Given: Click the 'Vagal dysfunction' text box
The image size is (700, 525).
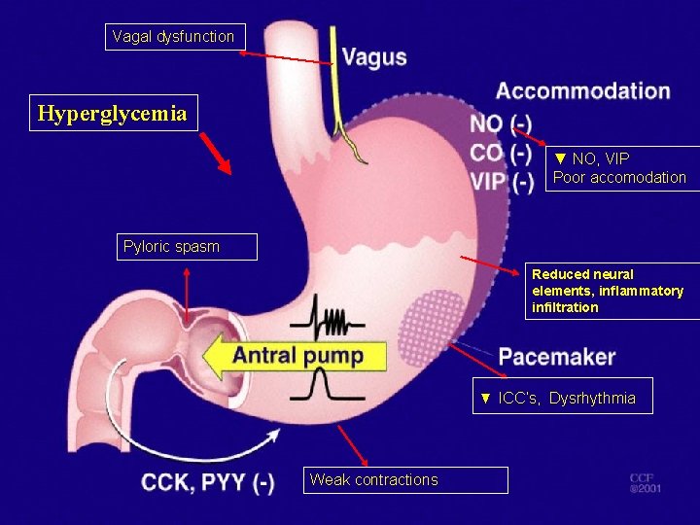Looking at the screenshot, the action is coord(174,37).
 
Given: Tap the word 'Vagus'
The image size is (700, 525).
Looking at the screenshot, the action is coord(374,57).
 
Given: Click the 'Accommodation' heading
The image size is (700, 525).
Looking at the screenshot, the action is coord(582,91).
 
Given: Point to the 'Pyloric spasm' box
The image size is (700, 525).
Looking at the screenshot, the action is coord(190,247).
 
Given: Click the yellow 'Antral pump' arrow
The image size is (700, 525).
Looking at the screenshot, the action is coord(297,355).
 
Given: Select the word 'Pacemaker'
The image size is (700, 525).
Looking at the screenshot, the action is coord(556,357).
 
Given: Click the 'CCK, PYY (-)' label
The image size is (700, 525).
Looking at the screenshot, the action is coord(207,482).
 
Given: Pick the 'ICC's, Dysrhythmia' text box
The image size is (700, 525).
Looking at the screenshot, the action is coord(563,397).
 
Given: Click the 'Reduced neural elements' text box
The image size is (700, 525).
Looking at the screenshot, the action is coord(612,291).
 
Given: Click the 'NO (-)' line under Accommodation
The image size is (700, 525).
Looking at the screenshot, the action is coord(501,123).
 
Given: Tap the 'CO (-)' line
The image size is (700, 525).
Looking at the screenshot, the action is coord(501,153).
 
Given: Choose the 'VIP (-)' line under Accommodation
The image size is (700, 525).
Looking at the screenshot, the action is coord(501,182).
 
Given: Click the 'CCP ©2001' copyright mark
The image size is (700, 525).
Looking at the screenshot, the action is coord(644,483).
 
